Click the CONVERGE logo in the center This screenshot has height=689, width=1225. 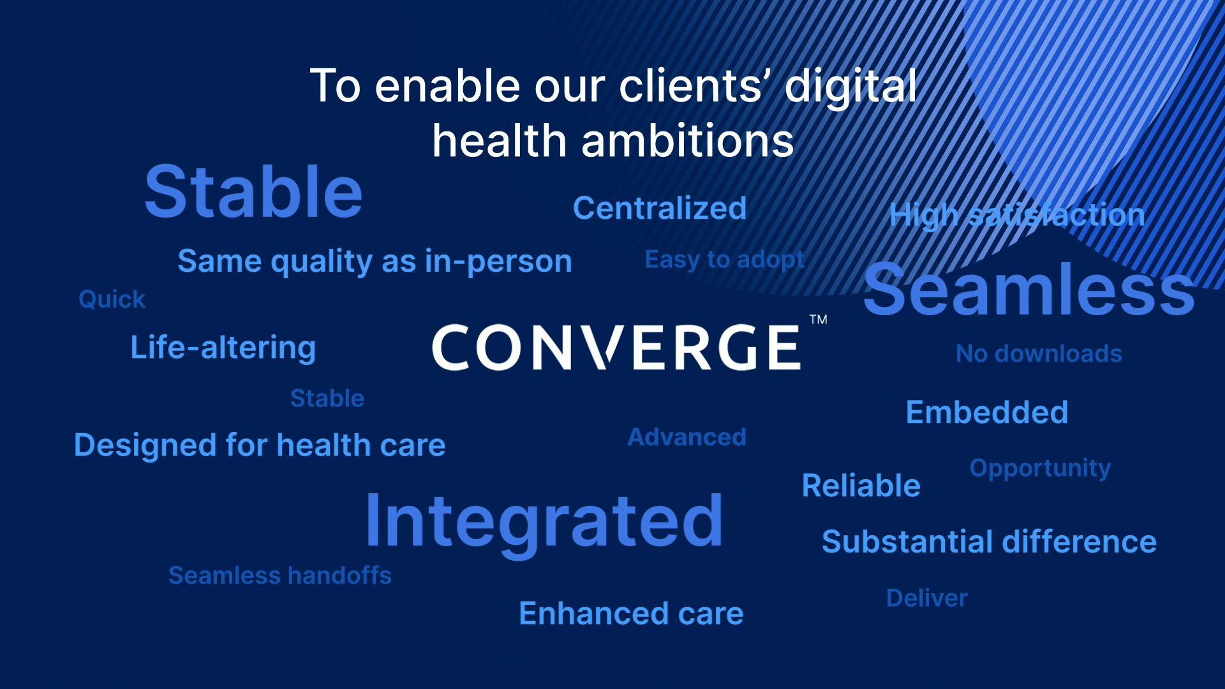(616, 347)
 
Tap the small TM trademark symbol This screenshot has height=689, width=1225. (819, 320)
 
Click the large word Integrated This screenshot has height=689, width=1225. (544, 522)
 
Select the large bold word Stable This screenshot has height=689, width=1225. (254, 192)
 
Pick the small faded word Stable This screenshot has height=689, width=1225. (327, 398)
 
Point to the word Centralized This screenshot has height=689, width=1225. (660, 208)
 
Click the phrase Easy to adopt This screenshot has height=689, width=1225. (725, 260)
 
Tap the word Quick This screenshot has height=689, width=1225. (112, 299)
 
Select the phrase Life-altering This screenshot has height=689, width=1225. (223, 348)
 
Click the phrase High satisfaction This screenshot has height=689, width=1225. (1018, 215)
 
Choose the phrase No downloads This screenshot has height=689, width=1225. (1039, 353)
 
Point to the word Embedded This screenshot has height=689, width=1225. (987, 412)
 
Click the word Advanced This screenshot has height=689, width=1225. (687, 437)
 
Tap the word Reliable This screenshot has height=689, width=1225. (861, 485)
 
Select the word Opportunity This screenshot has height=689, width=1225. (1040, 469)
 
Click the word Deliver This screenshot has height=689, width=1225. (927, 598)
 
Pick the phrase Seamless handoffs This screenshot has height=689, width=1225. (280, 575)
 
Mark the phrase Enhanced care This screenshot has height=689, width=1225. (631, 613)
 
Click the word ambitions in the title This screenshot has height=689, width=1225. (688, 140)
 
